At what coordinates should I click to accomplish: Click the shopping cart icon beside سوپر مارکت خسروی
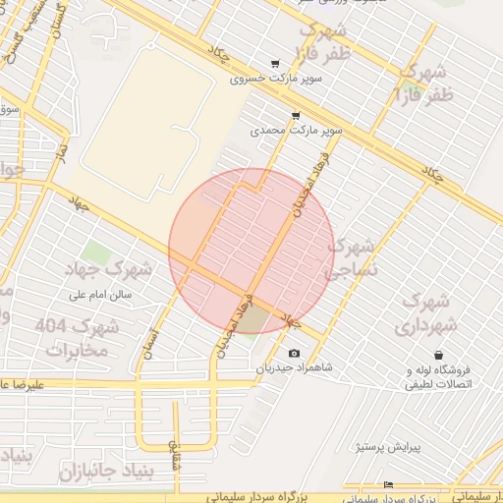click(275, 64)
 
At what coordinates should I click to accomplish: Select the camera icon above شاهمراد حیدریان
click(294, 353)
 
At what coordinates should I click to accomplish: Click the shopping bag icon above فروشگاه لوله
click(437, 355)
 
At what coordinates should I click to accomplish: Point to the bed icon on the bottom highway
click(388, 484)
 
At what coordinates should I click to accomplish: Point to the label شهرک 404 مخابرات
click(77, 337)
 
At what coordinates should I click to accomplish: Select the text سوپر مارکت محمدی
click(296, 129)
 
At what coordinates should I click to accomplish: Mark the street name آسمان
click(150, 343)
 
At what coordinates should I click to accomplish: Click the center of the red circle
click(251, 251)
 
